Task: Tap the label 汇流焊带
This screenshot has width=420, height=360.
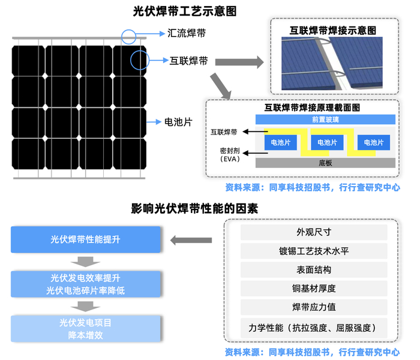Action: coord(187,34)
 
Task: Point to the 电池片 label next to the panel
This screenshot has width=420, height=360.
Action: coord(178,122)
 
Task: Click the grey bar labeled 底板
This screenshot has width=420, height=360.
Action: coord(325,162)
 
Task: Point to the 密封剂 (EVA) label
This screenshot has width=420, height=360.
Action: coord(230,155)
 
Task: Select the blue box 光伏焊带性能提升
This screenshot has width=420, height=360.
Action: coord(86,239)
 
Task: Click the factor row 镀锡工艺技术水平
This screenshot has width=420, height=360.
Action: coord(314,251)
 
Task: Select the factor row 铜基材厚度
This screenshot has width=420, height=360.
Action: coord(314,289)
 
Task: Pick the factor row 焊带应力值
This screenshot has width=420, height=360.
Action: coord(314,307)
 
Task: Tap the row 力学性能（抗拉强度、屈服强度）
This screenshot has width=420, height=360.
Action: coord(314,328)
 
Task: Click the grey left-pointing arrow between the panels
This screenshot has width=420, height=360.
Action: coord(191,240)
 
